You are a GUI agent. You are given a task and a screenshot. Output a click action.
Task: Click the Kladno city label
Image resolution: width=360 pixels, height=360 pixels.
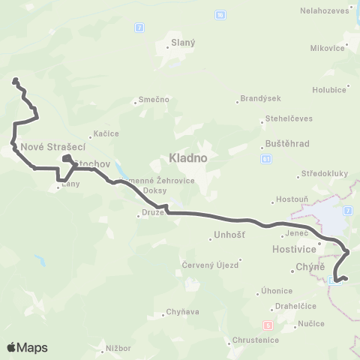pos(188,159)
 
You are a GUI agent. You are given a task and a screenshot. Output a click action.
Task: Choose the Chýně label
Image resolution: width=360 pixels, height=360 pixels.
pos(310,266)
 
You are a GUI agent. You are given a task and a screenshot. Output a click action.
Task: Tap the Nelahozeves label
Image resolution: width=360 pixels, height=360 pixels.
pos(325,11)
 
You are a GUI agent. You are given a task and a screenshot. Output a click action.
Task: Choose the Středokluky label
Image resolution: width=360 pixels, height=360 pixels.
pos(325,174)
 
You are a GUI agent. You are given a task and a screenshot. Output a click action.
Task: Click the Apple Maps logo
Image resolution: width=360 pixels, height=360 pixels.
pos(27,347)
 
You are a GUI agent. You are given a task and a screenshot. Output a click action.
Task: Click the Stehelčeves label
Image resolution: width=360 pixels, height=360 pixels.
pos(289,118)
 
